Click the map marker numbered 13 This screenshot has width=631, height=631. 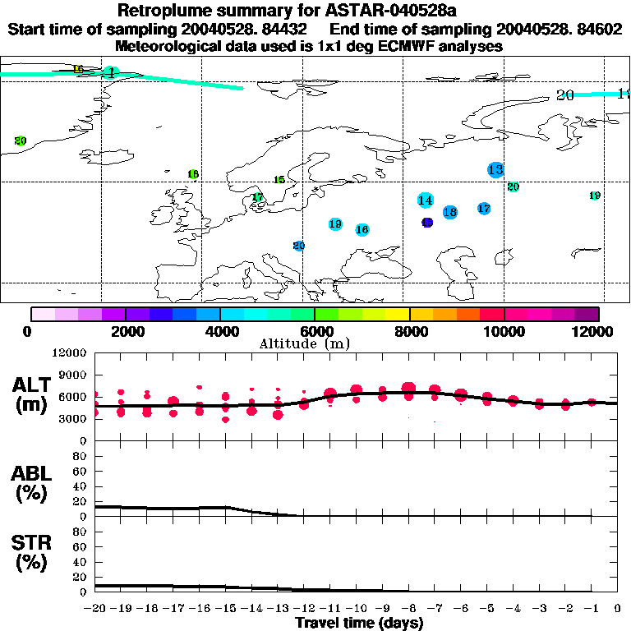495,170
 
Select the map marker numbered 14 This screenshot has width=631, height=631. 425,200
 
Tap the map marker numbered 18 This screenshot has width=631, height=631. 449,212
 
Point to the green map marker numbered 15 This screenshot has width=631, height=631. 279,180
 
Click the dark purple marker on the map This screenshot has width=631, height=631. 427,223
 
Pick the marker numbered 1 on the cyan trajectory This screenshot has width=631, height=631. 111,73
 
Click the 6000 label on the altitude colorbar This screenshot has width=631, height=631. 315,331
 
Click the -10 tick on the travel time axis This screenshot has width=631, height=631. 356,609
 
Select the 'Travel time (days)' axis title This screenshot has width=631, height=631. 359,623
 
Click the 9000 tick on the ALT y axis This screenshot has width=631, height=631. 75,375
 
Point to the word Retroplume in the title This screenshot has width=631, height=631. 163,12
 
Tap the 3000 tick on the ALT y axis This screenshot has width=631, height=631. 75,419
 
